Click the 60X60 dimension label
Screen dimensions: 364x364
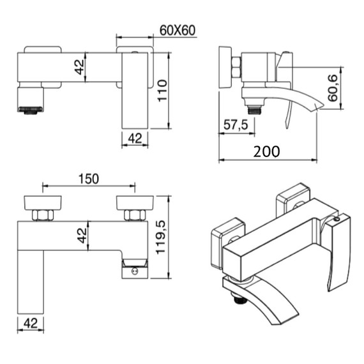[x=177, y=29]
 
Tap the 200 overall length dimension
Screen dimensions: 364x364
[x=266, y=151]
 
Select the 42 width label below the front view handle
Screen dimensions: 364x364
[x=134, y=138]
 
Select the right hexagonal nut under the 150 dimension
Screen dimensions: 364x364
[x=135, y=215]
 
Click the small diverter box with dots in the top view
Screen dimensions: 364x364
[x=134, y=269]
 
